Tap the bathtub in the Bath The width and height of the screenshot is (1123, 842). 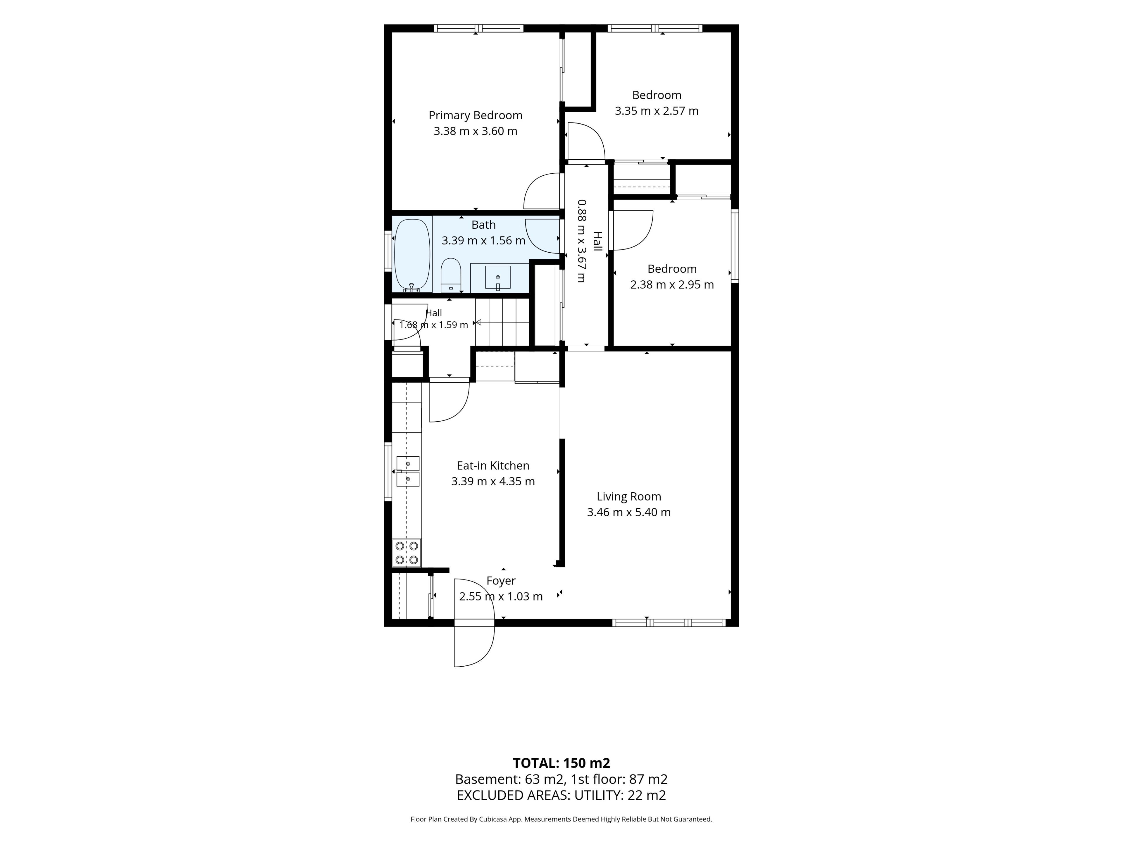click(412, 255)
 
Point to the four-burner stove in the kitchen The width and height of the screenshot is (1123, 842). click(407, 553)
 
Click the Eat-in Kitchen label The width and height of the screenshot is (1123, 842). click(493, 466)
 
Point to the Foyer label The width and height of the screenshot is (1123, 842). click(501, 581)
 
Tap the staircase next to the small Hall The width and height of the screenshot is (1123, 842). click(502, 322)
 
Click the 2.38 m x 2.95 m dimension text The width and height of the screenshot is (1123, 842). click(672, 285)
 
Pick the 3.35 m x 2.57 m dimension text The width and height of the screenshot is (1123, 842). click(657, 111)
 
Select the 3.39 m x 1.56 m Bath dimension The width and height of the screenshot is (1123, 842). click(483, 241)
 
